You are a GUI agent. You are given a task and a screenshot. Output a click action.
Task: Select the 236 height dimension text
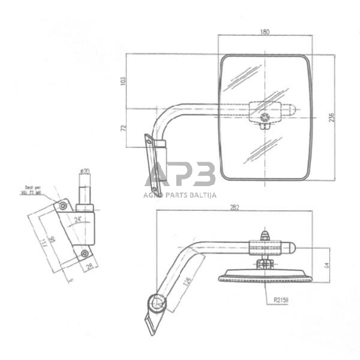point(332,118)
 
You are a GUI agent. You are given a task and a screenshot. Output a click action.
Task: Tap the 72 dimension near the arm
point(124,128)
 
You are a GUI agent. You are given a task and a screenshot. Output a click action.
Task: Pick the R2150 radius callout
point(282,300)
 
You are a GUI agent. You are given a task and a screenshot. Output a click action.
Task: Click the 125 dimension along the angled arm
point(187,283)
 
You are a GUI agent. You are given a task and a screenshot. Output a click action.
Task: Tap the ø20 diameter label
point(85,171)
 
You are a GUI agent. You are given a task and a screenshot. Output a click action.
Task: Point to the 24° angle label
point(78,218)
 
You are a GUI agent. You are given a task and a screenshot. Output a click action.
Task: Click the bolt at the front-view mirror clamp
point(264,118)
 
